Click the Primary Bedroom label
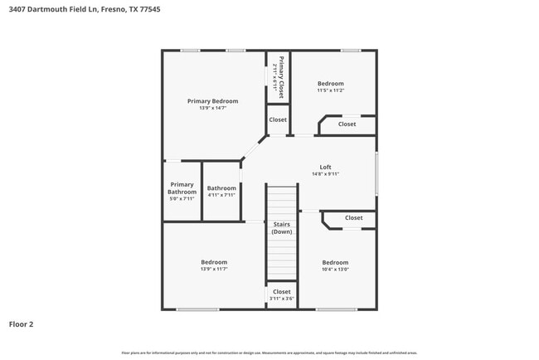click(212, 100)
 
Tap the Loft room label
click(325, 167)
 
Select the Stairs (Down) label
click(282, 227)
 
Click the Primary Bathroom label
click(182, 188)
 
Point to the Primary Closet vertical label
click(281, 77)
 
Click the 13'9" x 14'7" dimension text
click(212, 108)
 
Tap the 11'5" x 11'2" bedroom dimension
click(330, 90)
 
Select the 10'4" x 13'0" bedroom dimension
click(335, 269)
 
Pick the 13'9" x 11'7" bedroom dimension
click(213, 269)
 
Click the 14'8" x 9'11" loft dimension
click(325, 174)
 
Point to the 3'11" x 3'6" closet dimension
click(282, 299)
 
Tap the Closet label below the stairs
click(282, 291)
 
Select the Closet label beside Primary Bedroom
click(278, 119)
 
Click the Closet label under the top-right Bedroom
click(347, 124)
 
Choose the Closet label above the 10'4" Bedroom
click(353, 218)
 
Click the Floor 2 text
click(22, 324)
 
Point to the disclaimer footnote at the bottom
click(269, 353)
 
